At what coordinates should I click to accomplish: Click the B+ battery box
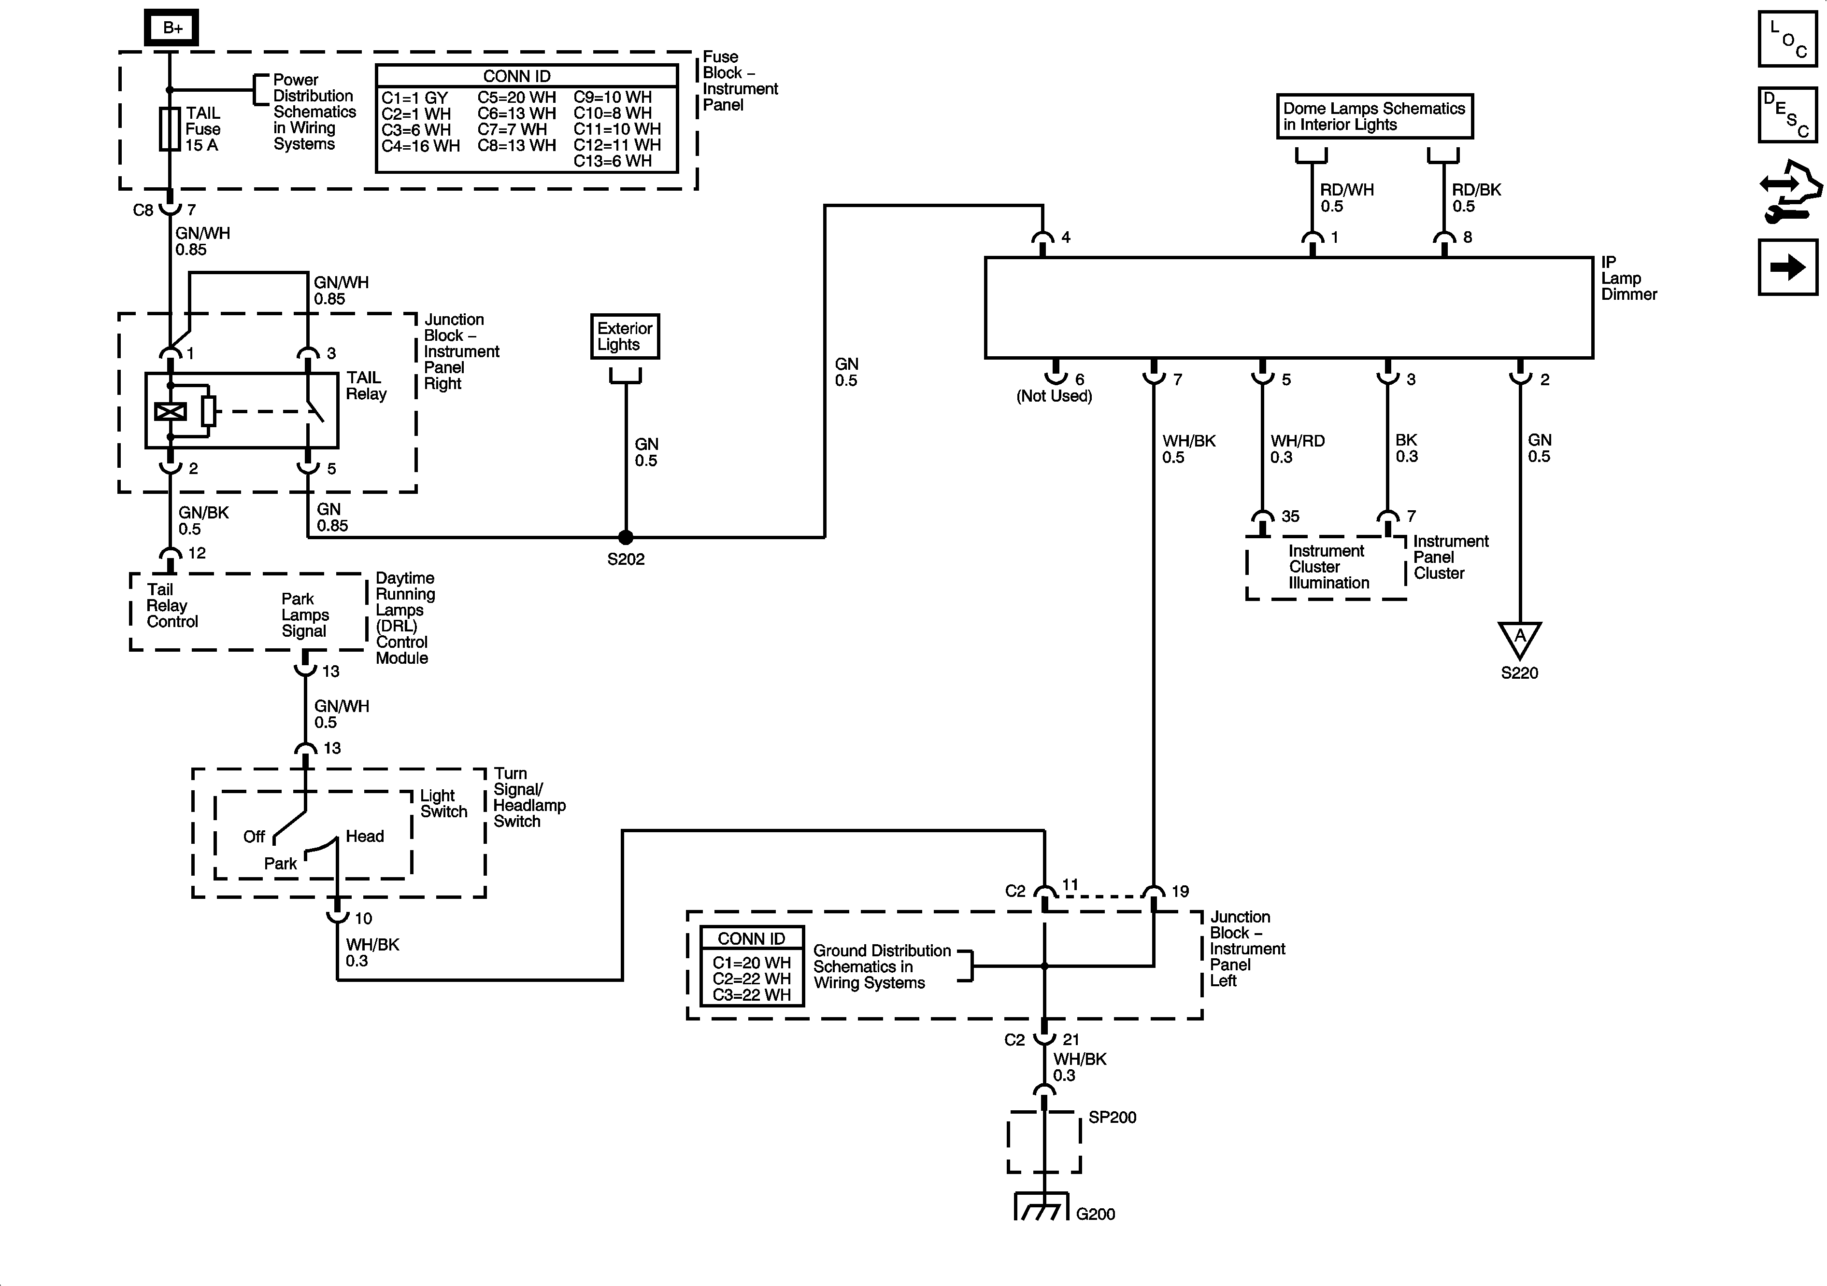coord(171,28)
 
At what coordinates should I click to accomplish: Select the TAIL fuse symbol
coord(170,129)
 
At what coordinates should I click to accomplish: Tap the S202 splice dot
coord(626,538)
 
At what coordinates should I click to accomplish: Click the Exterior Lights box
coord(625,336)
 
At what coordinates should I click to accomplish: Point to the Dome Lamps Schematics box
coord(1374,117)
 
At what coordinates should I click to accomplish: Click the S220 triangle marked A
coord(1520,638)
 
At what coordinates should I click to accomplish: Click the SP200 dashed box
coord(1044,1142)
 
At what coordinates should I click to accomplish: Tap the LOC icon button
coord(1787,39)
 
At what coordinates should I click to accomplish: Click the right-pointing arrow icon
coord(1787,267)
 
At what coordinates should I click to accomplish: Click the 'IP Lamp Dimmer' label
coord(1628,279)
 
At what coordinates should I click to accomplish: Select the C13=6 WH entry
coord(612,161)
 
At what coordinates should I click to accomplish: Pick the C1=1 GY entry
coord(414,98)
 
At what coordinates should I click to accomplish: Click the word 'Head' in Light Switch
coord(364,836)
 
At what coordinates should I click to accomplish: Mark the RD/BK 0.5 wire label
coord(1476,198)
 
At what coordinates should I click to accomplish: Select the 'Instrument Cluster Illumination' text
coord(1328,567)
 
